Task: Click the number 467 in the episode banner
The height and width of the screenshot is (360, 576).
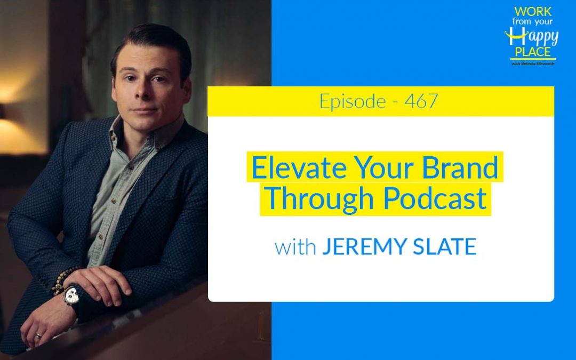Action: tap(421, 101)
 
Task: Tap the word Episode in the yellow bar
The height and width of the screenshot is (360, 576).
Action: tap(353, 101)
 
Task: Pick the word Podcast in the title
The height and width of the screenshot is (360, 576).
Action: tap(435, 198)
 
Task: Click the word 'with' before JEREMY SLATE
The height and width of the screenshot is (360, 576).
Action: tap(295, 247)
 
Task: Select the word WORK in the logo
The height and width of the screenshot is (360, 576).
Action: tap(532, 11)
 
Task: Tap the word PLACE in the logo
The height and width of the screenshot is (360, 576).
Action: tap(533, 53)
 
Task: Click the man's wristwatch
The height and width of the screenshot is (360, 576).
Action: tap(71, 295)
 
